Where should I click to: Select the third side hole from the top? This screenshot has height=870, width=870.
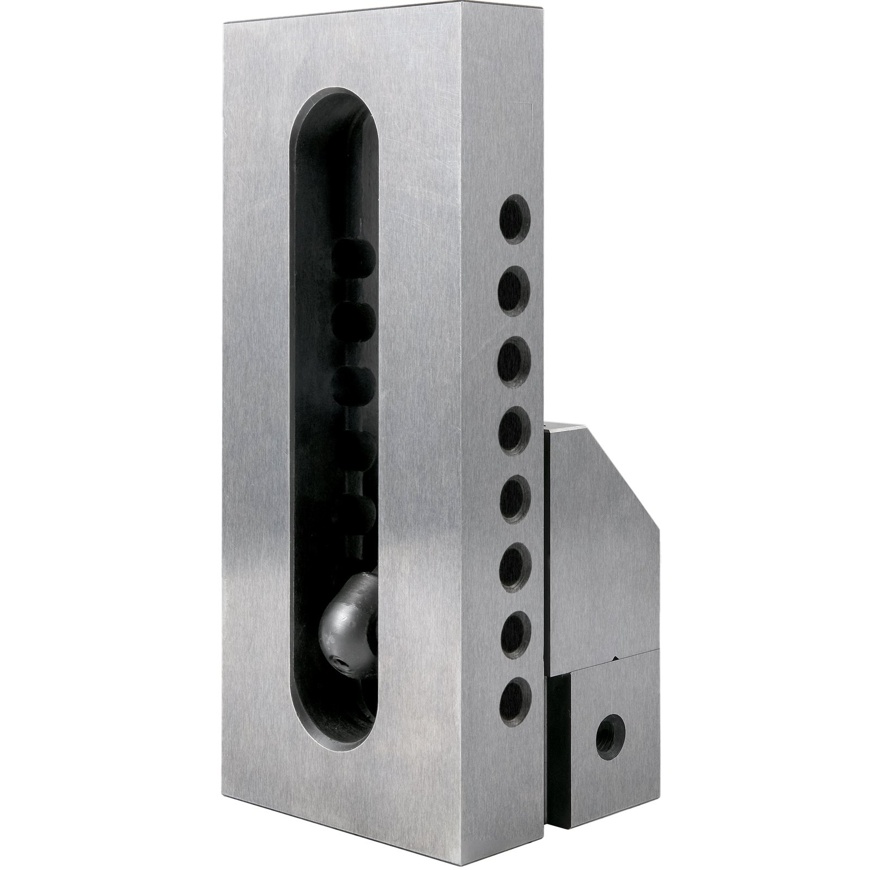tap(514, 356)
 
